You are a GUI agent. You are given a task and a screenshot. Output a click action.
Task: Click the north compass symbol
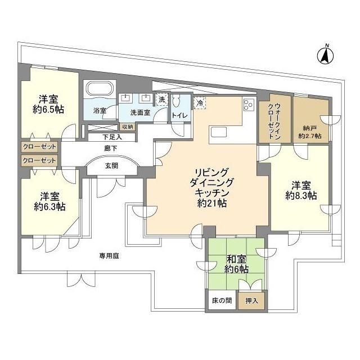325,55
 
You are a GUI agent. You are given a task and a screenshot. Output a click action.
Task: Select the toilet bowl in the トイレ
176,101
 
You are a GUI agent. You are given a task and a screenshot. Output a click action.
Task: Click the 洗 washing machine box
162,100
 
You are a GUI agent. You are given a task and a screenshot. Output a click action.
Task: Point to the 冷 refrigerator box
200,102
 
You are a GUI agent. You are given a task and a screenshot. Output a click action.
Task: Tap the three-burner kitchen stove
249,105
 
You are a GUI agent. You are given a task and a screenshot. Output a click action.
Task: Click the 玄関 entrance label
111,165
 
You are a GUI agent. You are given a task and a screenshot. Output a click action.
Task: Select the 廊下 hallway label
111,148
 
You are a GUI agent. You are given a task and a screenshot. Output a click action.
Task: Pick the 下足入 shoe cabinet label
112,137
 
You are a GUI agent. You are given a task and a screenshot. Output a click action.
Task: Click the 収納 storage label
128,127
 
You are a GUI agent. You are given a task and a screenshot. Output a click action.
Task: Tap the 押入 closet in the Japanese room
252,301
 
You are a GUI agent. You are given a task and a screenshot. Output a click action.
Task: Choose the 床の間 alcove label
222,300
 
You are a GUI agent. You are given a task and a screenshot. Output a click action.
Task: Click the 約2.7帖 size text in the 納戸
310,136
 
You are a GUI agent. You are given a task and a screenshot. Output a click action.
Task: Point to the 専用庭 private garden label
109,256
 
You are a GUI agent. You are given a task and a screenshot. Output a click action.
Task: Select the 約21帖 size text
212,203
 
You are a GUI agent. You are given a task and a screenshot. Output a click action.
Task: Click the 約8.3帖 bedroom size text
301,195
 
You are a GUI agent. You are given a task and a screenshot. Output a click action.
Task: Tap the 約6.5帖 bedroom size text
48,110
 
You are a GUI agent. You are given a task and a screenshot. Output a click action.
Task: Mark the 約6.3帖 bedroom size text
49,206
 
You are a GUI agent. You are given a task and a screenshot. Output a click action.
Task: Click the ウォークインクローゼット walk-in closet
274,119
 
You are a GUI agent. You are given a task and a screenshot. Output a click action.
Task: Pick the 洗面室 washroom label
140,112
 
